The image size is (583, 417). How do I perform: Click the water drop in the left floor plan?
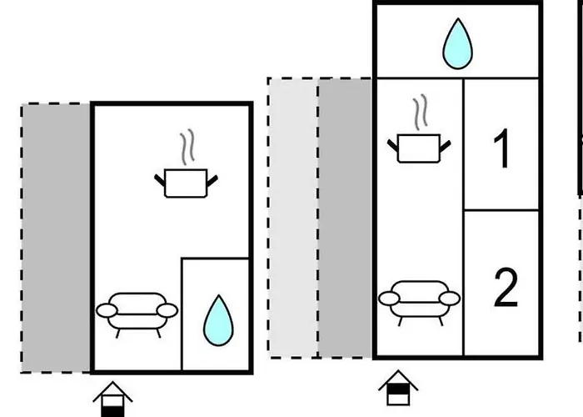(x=218, y=320)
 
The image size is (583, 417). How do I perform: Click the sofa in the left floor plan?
(x=137, y=311)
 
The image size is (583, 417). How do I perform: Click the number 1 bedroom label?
(x=501, y=150)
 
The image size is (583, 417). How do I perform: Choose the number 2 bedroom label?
(x=506, y=289)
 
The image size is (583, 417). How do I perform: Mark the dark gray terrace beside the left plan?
(x=56, y=238)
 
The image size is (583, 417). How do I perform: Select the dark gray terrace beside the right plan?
(x=346, y=217)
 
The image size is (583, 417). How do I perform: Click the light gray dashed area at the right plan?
(x=293, y=217)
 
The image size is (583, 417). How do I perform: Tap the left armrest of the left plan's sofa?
(x=105, y=311)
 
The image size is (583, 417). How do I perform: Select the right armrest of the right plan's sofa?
(x=451, y=298)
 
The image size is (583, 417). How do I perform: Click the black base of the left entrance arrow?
(x=112, y=409)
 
